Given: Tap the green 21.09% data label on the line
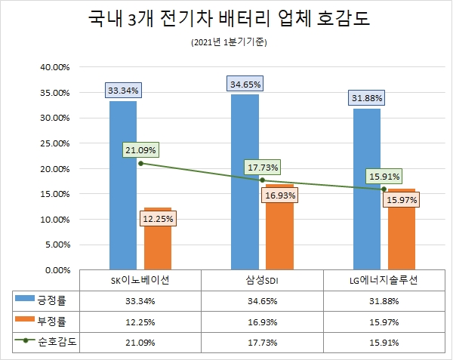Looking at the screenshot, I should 140,149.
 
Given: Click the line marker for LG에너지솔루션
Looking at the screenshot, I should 384,189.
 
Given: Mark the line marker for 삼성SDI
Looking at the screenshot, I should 262,180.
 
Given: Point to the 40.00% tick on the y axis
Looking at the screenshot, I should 54,67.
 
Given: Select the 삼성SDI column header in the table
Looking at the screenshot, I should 261,280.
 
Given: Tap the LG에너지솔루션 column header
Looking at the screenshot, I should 384,280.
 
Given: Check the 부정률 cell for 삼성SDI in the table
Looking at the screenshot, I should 261,321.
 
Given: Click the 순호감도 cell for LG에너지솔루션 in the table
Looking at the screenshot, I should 384,341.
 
